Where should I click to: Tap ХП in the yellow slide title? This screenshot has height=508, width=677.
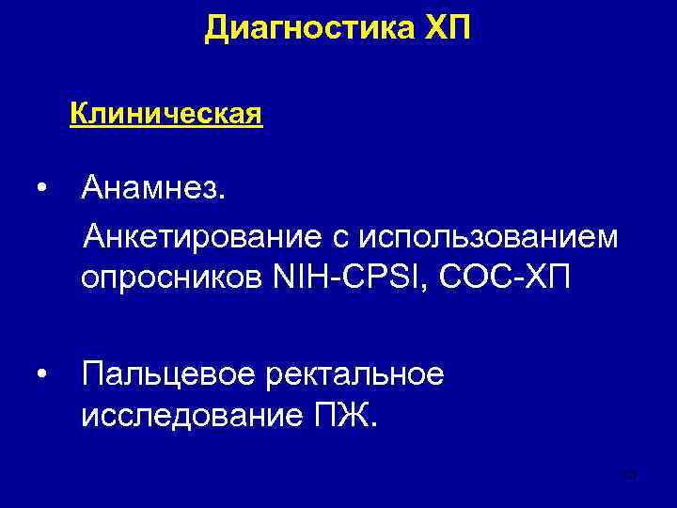tap(442, 28)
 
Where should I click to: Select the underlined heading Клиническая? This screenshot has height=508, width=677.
tap(165, 116)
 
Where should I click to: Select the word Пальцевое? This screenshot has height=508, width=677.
tap(168, 375)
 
